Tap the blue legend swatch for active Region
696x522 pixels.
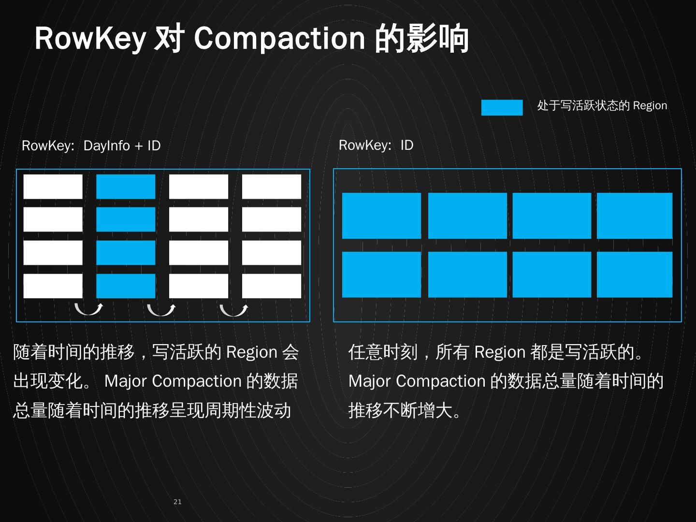502,107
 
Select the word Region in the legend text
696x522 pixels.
650,106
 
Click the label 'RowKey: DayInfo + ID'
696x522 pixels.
91,145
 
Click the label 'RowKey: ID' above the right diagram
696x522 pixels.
376,145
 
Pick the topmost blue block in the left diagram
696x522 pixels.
126,187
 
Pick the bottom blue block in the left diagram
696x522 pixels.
126,286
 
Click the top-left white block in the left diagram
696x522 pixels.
53,187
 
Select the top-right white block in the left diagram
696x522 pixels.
271,187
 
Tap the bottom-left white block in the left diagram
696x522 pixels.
53,286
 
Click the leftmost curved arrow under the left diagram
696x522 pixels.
88,309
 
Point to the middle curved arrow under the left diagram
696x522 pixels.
161,309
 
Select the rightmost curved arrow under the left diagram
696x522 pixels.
233,309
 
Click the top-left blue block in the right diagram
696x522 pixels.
381,216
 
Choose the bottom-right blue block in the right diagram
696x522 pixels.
634,274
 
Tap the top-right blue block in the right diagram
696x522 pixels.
634,216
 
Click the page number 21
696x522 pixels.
177,502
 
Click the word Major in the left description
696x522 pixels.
125,381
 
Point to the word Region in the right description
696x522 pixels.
500,352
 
